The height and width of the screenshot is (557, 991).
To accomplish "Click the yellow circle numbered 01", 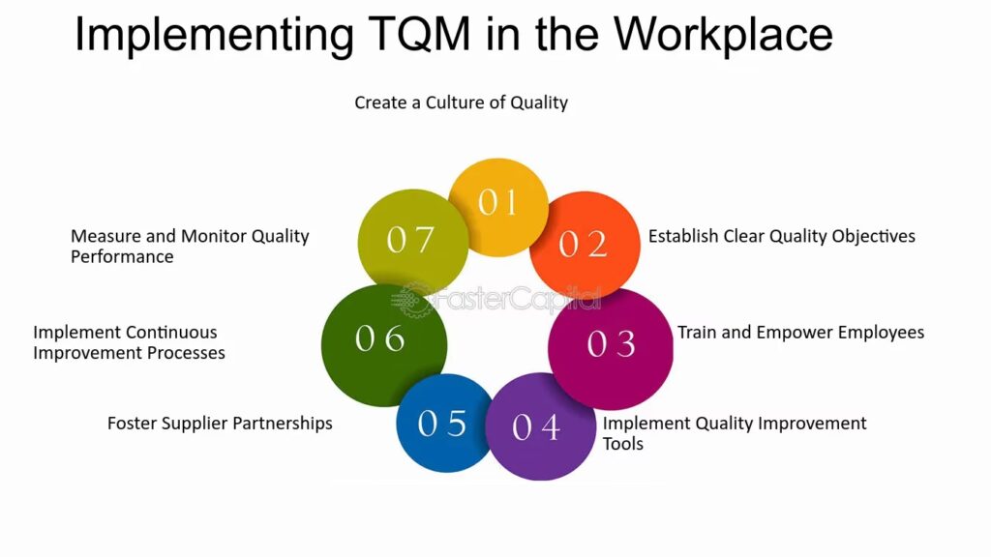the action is click(x=498, y=207).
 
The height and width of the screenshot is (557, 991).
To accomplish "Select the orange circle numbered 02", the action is click(x=585, y=245).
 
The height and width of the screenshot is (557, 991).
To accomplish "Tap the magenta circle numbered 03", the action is click(x=611, y=348).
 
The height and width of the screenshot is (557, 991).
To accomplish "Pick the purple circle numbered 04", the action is click(x=540, y=426).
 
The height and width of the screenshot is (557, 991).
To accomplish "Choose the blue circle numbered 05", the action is click(x=445, y=423).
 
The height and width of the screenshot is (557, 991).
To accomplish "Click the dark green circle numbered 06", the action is click(x=384, y=345).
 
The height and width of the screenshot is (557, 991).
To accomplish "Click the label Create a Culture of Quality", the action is click(x=461, y=103).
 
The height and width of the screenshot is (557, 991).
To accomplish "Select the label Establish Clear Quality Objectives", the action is click(x=782, y=236).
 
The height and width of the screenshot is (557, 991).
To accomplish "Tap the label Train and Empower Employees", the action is click(x=800, y=333).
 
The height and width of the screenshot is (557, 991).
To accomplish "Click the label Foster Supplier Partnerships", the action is click(x=220, y=424).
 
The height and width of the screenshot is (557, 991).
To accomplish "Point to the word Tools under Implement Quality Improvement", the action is click(x=622, y=444).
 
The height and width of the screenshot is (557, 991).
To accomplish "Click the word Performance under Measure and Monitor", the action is click(x=122, y=257).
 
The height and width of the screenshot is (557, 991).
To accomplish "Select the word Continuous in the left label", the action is click(x=171, y=333).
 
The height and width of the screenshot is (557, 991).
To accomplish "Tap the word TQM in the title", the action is click(x=419, y=34).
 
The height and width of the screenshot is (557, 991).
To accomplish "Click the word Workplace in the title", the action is click(x=723, y=33).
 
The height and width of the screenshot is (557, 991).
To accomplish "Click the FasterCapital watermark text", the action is click(x=496, y=300).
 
